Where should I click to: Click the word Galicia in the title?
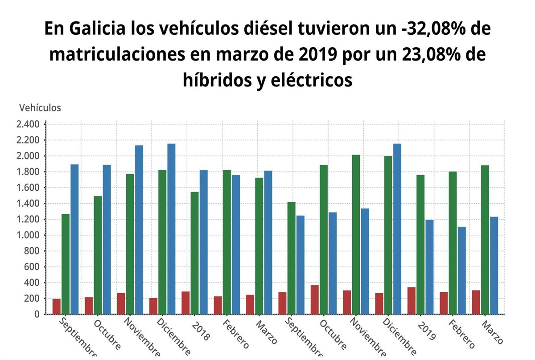(92, 29)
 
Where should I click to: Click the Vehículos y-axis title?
(40, 107)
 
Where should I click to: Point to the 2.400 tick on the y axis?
(28, 124)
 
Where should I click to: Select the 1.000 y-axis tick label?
(28, 235)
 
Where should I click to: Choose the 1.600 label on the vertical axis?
(28, 188)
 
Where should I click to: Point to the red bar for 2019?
(411, 301)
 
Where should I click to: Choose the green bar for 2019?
(420, 245)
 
